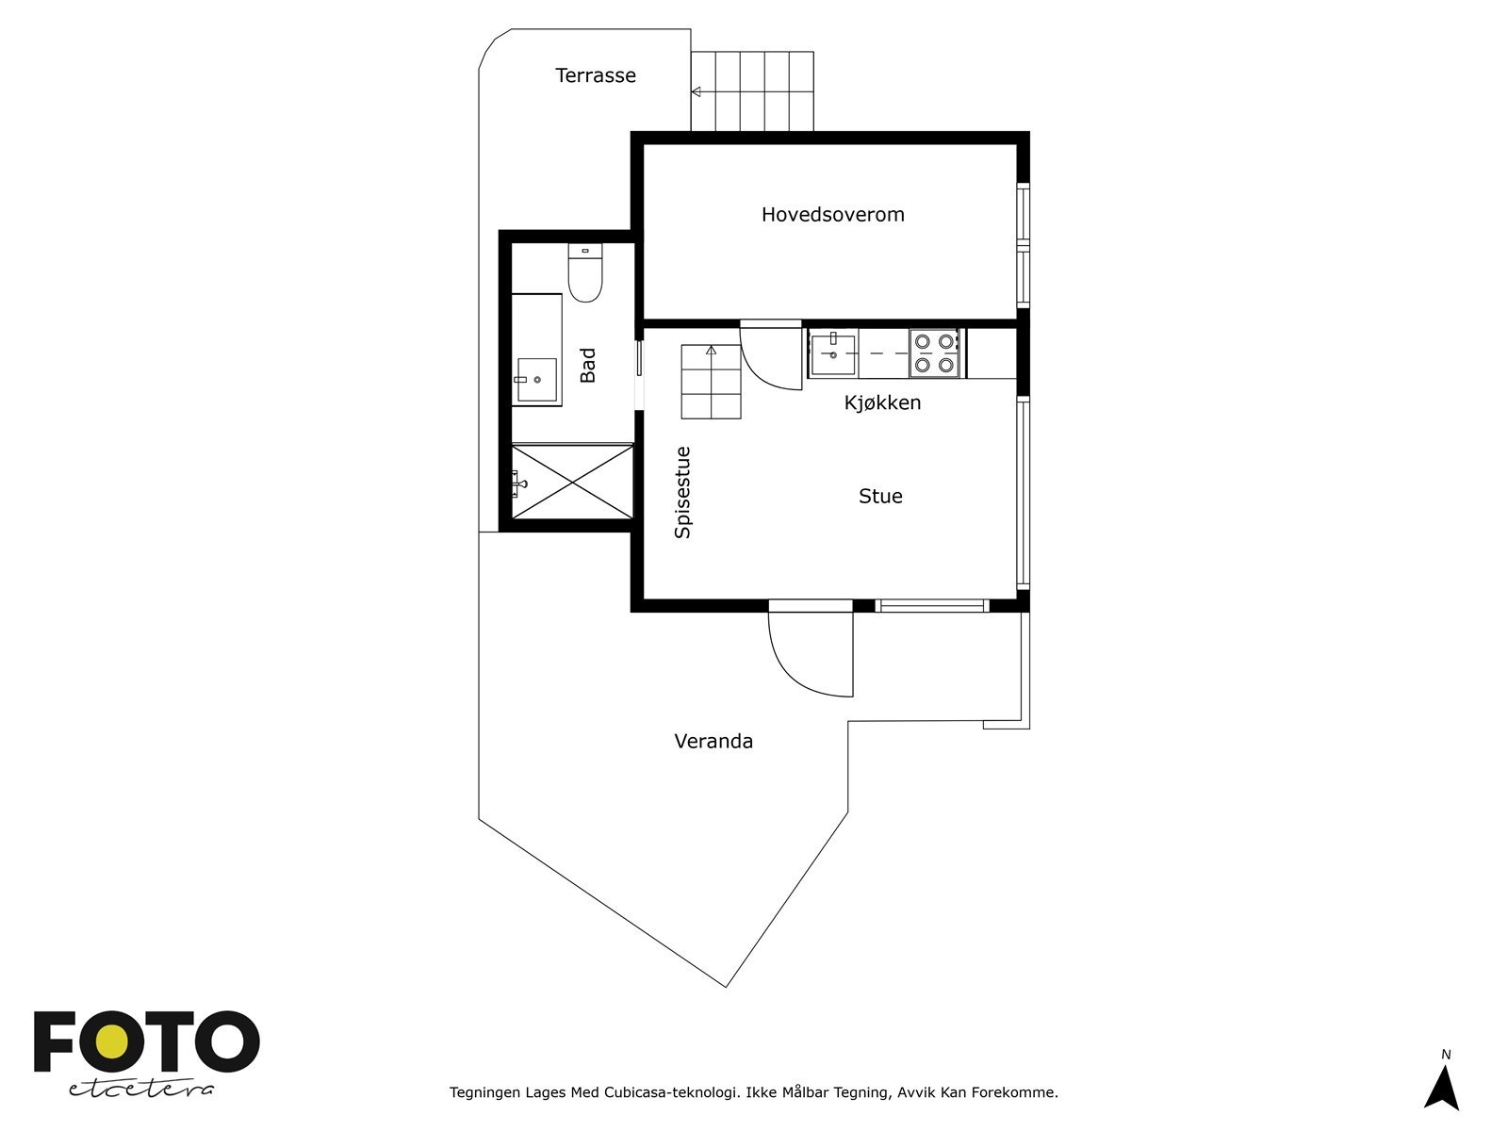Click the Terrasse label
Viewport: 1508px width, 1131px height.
click(595, 75)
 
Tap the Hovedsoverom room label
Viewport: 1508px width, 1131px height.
click(832, 215)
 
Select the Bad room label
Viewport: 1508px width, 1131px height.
click(588, 366)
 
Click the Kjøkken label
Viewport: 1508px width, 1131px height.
click(882, 403)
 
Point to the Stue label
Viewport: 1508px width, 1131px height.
click(880, 497)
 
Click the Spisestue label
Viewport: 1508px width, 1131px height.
click(682, 492)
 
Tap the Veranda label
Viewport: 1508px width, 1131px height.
click(713, 742)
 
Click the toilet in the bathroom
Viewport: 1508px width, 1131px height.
click(585, 275)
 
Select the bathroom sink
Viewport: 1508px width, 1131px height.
click(536, 380)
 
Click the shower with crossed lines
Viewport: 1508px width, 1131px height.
click(572, 482)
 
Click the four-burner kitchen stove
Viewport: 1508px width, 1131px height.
click(934, 353)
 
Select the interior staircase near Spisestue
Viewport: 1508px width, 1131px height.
click(711, 382)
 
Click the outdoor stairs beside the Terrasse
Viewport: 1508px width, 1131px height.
click(752, 91)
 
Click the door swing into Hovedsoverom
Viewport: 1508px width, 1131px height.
click(771, 358)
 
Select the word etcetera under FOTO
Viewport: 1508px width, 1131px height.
click(140, 1089)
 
